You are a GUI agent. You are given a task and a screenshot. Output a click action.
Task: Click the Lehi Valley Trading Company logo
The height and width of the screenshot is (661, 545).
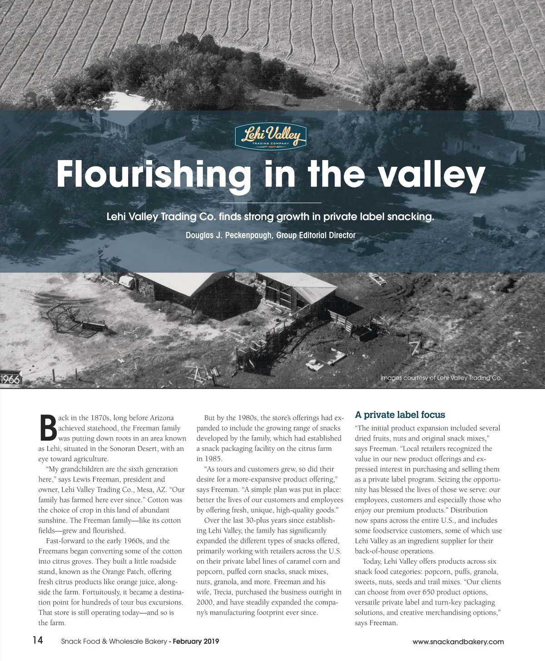coord(271,136)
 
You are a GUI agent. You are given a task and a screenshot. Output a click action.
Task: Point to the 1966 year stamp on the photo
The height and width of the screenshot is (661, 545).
coord(10,379)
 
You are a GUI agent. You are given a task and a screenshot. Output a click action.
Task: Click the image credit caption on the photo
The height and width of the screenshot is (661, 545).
coord(441,378)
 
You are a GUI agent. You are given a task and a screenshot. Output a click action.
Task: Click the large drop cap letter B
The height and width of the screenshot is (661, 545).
coord(48,428)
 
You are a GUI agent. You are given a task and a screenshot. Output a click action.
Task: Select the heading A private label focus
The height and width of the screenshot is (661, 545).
coord(400,415)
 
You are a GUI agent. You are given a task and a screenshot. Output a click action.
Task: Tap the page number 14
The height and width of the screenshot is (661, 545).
coord(38,641)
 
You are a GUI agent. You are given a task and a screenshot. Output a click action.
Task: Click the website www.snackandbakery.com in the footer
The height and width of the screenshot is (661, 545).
coord(458,641)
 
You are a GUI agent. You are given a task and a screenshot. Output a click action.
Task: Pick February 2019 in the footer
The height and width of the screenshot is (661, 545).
coord(196,641)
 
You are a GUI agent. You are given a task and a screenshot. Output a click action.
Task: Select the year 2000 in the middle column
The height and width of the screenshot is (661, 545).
coord(204,602)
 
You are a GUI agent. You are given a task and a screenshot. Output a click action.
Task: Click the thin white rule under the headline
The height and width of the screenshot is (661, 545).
coord(270,202)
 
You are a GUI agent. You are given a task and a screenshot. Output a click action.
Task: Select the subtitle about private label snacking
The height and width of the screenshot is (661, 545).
coord(270,217)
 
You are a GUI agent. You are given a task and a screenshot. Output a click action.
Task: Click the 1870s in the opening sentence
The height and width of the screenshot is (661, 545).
coord(98,418)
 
